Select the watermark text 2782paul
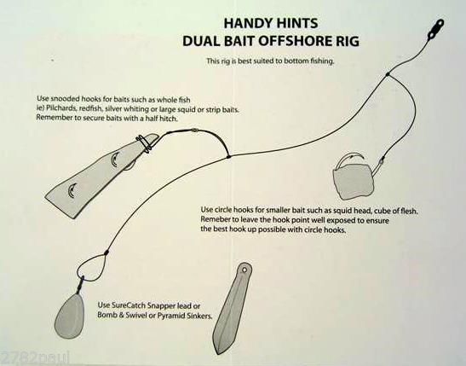[26, 357]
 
